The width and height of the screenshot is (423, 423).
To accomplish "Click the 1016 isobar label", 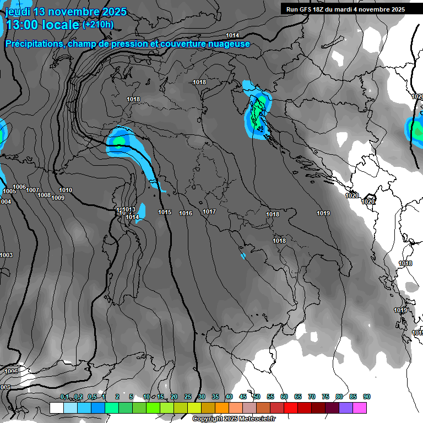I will (x=186, y=213).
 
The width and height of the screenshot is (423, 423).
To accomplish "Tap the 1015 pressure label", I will (x=165, y=212).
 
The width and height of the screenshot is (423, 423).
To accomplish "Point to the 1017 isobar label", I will (x=209, y=211).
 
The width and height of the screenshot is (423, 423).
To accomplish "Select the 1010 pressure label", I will (x=66, y=190).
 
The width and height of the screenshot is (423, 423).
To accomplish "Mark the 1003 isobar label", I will (x=7, y=255).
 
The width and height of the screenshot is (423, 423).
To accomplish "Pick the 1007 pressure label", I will (x=32, y=190).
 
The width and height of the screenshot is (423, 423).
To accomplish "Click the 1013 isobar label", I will (x=129, y=209).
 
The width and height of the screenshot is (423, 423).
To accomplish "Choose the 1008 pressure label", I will (x=44, y=195).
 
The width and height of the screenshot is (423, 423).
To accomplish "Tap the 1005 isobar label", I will (x=9, y=191).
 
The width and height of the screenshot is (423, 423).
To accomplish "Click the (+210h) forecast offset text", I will (x=98, y=24).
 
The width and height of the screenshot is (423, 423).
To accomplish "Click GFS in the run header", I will (x=306, y=9).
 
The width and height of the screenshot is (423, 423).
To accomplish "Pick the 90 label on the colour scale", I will (x=367, y=397).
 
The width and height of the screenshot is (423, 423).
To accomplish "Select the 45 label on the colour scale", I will (x=243, y=397).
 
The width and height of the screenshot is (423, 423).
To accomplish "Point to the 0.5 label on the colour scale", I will (x=91, y=397).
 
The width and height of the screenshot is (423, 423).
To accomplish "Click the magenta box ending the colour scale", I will (x=360, y=408).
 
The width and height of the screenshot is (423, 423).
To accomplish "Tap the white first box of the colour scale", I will (x=56, y=408).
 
